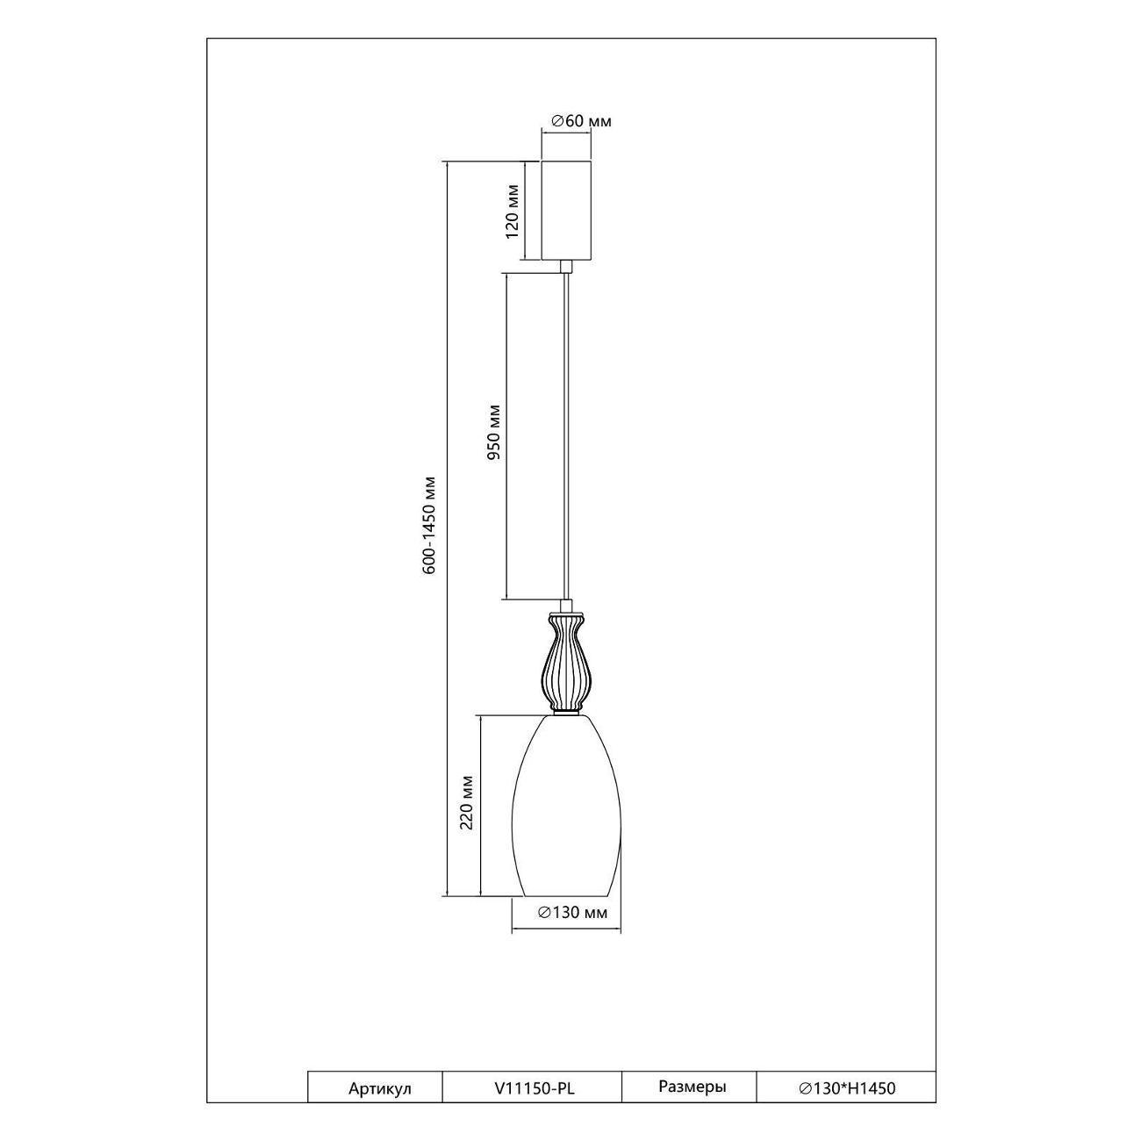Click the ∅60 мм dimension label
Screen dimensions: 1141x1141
click(x=581, y=121)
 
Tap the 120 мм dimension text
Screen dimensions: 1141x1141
click(x=513, y=212)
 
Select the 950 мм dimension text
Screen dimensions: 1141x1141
click(x=494, y=432)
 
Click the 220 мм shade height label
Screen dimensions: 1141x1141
click(x=467, y=802)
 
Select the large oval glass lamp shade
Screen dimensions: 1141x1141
click(x=567, y=814)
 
